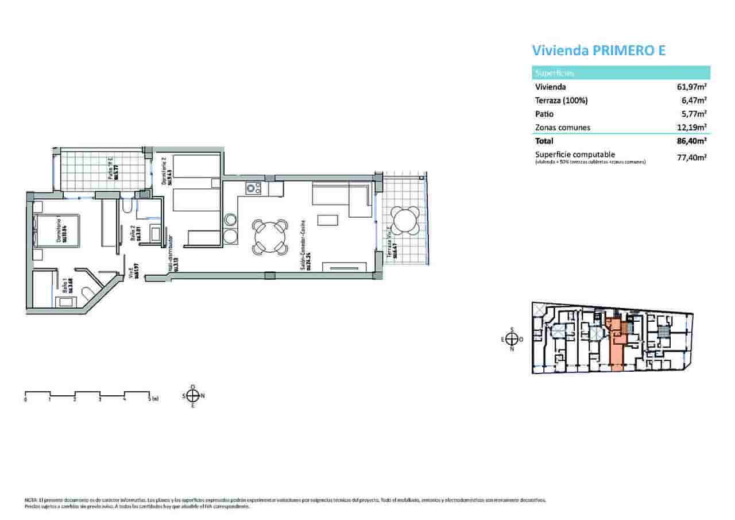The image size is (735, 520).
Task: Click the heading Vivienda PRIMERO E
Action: [599, 51]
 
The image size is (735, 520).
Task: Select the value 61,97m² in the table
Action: [692, 87]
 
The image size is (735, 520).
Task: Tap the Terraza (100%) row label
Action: [561, 101]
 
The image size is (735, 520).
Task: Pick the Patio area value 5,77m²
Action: [694, 114]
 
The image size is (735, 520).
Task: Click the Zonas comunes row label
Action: [562, 128]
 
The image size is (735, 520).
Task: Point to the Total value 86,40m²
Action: [692, 141]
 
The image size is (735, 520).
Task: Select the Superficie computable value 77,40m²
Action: [692, 157]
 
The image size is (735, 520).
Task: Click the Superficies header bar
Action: [620, 73]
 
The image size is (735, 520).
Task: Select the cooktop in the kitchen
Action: [253, 187]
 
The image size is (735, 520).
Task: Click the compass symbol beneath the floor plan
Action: [194, 395]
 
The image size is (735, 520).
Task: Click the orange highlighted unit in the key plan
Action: [616, 345]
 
